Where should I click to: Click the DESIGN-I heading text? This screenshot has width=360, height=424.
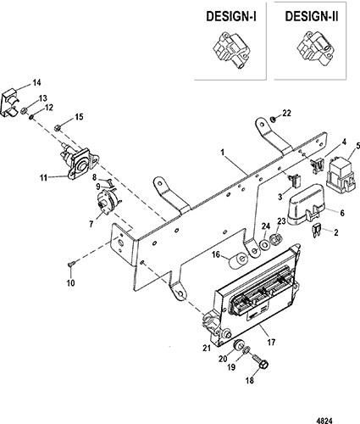click(231, 16)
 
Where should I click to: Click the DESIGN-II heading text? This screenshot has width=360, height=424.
click(312, 16)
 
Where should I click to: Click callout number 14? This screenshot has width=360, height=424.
click(36, 83)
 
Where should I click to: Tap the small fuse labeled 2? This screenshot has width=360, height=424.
click(316, 232)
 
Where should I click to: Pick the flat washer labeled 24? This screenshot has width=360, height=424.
click(265, 244)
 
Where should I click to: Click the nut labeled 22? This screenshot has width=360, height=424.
click(273, 120)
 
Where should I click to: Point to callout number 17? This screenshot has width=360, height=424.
click(271, 343)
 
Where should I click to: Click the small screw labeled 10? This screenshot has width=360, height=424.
click(70, 265)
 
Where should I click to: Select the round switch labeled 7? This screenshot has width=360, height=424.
click(108, 202)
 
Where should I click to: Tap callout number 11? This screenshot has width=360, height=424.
click(43, 178)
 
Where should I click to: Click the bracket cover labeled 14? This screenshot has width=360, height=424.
click(12, 103)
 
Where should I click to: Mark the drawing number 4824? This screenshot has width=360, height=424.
click(324, 421)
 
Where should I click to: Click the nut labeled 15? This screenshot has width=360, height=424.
click(58, 128)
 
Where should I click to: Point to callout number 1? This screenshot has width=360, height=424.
click(223, 153)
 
